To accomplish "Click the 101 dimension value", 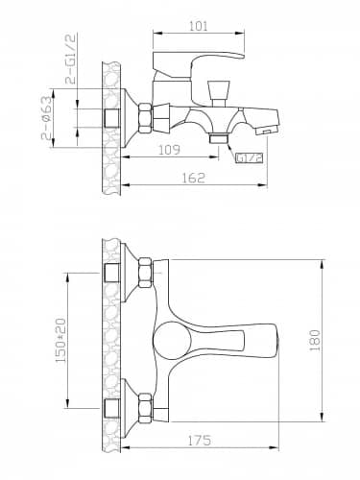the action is click(x=199, y=26).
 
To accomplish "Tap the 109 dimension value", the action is click(x=169, y=150).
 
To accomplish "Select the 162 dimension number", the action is click(x=193, y=178).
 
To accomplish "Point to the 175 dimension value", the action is click(x=199, y=441).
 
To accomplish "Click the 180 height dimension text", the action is click(x=315, y=340).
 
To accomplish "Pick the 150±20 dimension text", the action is click(x=60, y=341).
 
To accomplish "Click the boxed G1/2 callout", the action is click(x=250, y=157).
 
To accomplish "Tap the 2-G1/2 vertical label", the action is click(x=71, y=59).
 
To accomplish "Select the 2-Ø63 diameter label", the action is click(x=47, y=118).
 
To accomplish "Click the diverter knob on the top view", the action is click(x=219, y=93).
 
